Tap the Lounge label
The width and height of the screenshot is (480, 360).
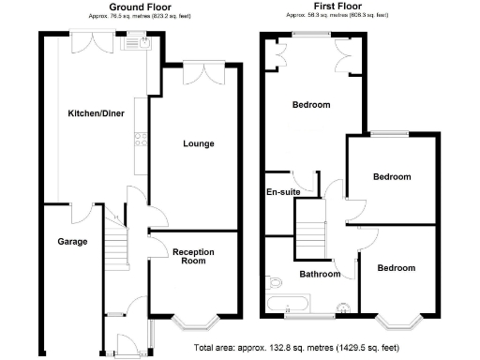click(198, 143)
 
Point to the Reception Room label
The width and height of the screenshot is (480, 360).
click(193, 256)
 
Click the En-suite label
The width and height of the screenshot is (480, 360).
click(283, 191)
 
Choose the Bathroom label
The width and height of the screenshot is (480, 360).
click(320, 275)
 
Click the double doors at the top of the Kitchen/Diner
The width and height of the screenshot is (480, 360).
click(97, 43)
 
